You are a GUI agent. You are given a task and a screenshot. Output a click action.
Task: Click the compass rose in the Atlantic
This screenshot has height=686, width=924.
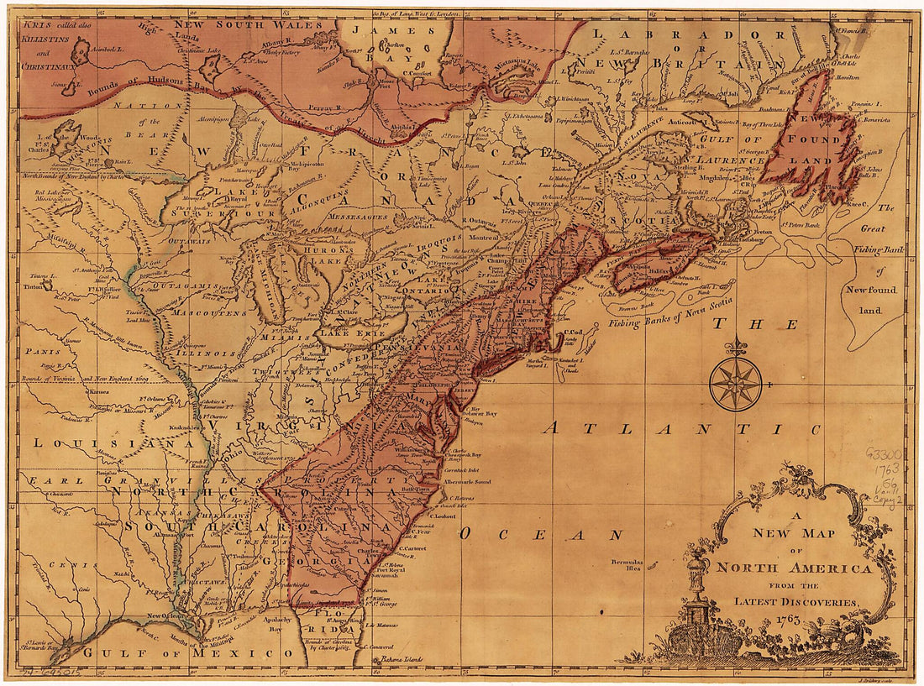pos(736,383)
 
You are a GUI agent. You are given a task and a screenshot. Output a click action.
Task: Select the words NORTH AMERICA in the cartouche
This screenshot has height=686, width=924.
pos(793,568)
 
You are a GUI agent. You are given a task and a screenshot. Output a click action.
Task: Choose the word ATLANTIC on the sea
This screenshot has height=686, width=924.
pos(680,429)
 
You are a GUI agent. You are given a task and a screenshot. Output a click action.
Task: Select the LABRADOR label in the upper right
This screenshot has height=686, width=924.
pos(688,34)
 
